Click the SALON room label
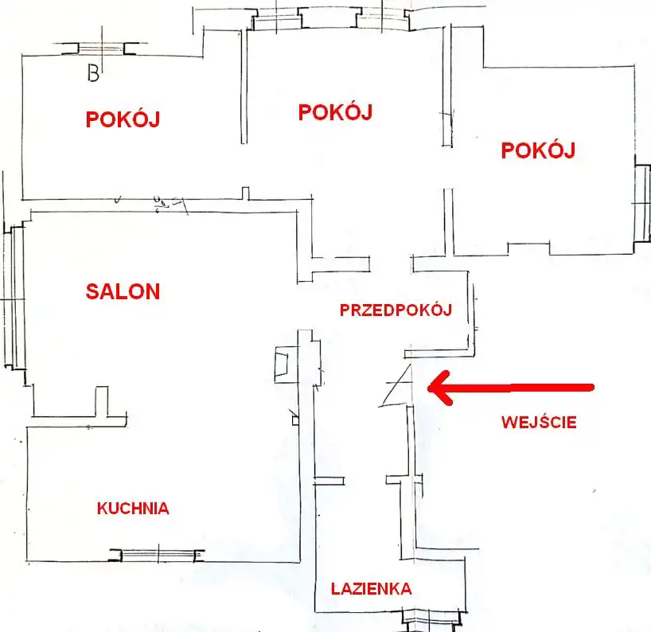tap(123, 291)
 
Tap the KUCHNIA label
tap(133, 509)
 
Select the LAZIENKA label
tap(371, 589)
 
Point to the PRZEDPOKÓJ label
tap(396, 310)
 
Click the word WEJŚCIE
tap(539, 423)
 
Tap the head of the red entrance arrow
tap(428, 388)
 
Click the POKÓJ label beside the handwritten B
tap(123, 119)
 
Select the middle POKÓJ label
tap(336, 112)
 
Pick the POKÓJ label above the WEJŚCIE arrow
tap(538, 150)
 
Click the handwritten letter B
tap(93, 73)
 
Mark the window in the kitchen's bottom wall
tap(158, 555)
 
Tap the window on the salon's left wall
tap(14, 297)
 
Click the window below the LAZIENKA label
tap(432, 618)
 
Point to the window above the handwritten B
tap(101, 49)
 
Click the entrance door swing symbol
tap(396, 385)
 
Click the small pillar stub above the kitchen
tap(102, 401)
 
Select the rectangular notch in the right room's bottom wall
tap(529, 248)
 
